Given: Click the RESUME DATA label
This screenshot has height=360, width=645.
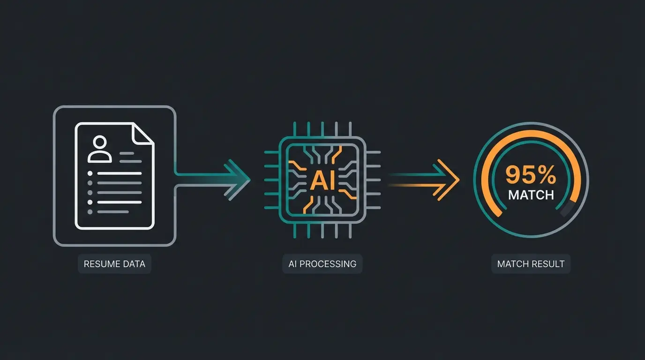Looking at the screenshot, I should pyautogui.click(x=114, y=264).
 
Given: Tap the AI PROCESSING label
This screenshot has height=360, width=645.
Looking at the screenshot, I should pyautogui.click(x=322, y=264).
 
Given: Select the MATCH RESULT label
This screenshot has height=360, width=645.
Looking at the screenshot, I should pyautogui.click(x=531, y=264).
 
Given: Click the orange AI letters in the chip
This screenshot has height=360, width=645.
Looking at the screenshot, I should pyautogui.click(x=322, y=180).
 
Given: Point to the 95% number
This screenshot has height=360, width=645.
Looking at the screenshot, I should pyautogui.click(x=531, y=175).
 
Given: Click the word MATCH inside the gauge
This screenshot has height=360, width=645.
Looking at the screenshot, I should pyautogui.click(x=531, y=195).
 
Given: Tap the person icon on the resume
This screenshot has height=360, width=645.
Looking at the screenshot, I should pyautogui.click(x=100, y=149).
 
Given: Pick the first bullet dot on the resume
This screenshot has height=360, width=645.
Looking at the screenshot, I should pyautogui.click(x=90, y=173).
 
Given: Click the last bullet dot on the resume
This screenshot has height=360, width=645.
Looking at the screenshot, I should pyautogui.click(x=90, y=212).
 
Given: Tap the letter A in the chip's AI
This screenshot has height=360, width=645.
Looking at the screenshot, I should pyautogui.click(x=317, y=180).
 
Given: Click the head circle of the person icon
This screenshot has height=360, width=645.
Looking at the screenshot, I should pyautogui.click(x=100, y=142).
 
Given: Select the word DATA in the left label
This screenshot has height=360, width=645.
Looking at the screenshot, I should pyautogui.click(x=134, y=264).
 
